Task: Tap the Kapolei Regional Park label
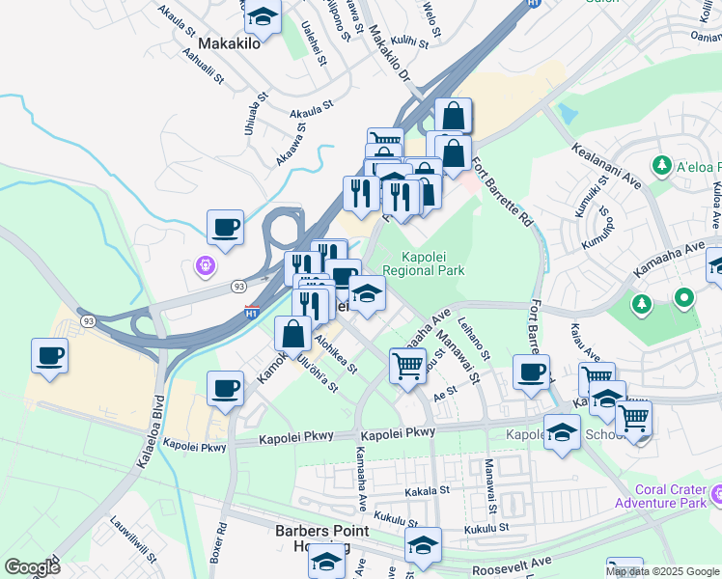pyautogui.click(x=423, y=262)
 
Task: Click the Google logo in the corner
pyautogui.click(x=32, y=566)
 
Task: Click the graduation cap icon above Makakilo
pyautogui.click(x=262, y=16)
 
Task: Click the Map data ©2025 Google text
pyautogui.click(x=661, y=571)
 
